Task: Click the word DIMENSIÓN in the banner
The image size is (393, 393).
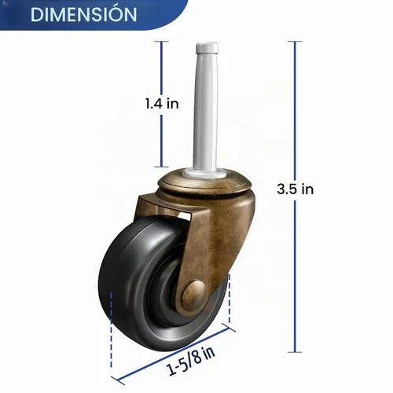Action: (x=83, y=15)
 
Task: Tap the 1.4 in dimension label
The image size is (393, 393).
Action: (x=162, y=104)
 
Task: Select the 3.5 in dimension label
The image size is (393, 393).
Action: (x=296, y=189)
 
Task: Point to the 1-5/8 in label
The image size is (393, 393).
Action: (x=190, y=360)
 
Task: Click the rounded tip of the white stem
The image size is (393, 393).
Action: (x=207, y=46)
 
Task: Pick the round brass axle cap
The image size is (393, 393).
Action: (x=194, y=292)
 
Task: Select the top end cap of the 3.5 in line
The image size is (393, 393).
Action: (x=295, y=42)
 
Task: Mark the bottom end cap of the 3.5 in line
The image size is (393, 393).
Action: (x=295, y=352)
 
